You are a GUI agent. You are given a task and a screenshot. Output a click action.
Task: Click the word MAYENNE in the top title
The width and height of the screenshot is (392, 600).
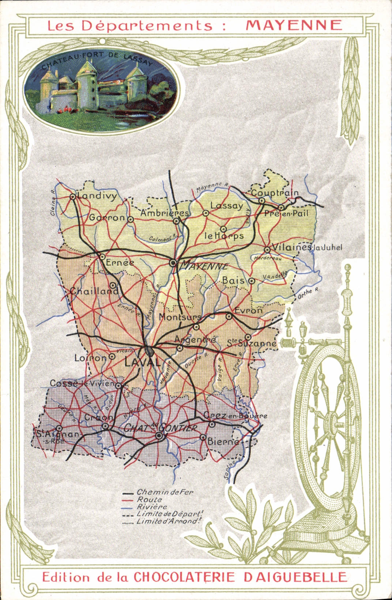pos(294,25)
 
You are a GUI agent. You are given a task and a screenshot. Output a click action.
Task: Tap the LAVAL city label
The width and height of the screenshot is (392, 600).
pos(143,362)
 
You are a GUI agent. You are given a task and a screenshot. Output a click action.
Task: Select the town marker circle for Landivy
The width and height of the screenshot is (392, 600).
pos(73,197)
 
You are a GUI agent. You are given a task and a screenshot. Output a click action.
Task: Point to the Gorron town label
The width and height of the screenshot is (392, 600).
pos(107,218)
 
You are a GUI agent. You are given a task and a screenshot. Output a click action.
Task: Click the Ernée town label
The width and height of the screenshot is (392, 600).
pos(120,262)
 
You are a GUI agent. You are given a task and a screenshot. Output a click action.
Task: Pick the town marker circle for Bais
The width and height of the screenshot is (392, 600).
pos(252,281)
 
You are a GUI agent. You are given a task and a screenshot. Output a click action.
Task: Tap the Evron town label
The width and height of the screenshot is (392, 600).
pos(249,310)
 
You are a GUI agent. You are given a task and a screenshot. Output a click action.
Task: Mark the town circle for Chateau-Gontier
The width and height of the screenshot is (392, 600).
pos(159,436)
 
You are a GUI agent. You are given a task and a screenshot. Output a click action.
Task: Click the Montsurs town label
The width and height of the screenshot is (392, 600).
pos(180,317)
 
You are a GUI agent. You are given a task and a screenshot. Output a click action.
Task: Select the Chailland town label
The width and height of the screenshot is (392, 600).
pos(94,291)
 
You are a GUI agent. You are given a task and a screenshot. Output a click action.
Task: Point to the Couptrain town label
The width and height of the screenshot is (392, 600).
pos(275,193)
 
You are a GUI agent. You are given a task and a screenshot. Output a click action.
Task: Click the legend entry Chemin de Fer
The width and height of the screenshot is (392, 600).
pos(165,492)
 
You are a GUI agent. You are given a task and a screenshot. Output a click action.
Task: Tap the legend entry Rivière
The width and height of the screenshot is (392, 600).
pos(152,507)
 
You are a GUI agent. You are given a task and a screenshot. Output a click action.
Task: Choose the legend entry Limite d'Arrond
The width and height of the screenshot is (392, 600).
pos(169,521)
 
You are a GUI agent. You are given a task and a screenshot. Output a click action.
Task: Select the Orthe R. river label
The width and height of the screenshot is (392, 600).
pos(308,293)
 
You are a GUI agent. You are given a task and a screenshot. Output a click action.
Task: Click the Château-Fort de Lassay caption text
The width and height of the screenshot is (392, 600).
pos(97,60)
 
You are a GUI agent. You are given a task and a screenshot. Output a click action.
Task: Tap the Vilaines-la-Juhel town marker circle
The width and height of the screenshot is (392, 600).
pos(267,250)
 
